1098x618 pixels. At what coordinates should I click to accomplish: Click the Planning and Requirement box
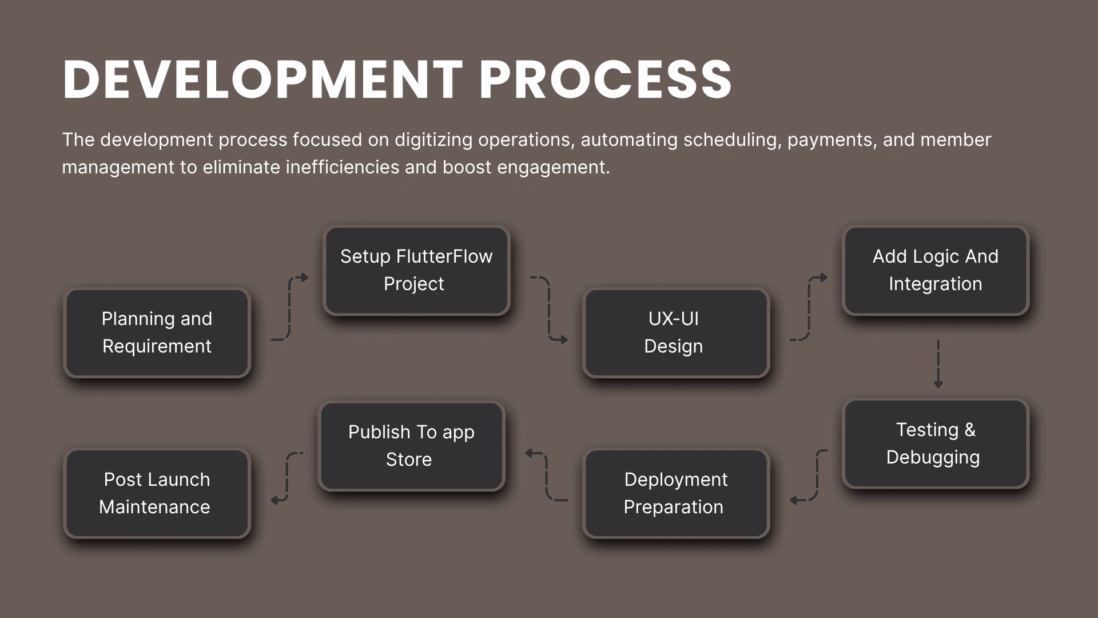coord(157,332)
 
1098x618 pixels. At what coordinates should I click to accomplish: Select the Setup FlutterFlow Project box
coord(416,271)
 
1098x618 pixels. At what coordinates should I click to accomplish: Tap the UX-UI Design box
coord(676,332)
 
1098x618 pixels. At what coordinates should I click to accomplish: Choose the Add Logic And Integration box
coord(936,271)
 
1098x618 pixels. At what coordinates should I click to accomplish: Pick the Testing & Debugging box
coord(936,443)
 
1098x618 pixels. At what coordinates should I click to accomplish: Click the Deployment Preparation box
coord(676,493)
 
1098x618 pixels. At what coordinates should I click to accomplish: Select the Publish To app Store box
coord(412,446)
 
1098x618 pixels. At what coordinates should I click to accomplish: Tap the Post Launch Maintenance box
coord(157,493)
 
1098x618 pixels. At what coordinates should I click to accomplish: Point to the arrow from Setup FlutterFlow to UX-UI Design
coord(549,309)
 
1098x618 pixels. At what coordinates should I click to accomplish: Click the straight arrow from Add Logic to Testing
coord(938,364)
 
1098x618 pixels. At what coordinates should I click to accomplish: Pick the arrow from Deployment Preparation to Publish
coord(547,475)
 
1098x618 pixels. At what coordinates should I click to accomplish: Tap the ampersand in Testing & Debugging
coord(970,430)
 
